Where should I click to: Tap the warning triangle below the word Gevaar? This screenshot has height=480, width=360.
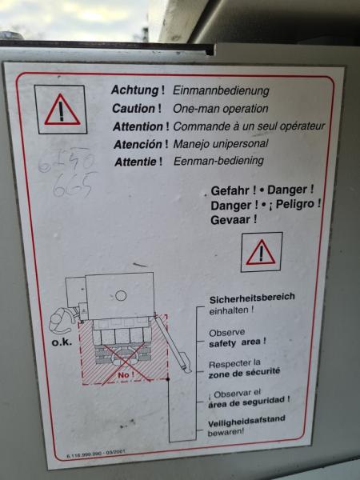[261, 253]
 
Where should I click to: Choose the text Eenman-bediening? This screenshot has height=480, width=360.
[217, 161]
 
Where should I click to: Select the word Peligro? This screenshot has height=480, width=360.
[297, 204]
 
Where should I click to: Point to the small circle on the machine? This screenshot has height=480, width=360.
[120, 295]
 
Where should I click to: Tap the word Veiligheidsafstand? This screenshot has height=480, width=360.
[247, 419]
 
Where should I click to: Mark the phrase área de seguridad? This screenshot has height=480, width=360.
[249, 402]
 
